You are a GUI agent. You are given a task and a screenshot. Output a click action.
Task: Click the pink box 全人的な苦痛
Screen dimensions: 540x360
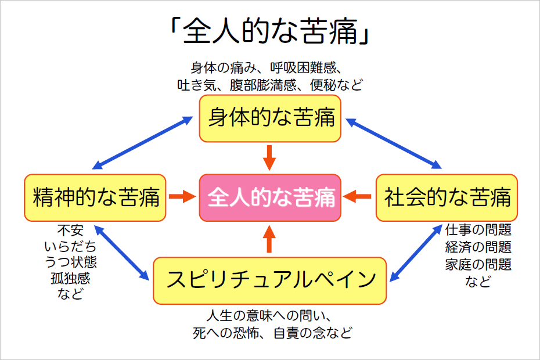[x=270, y=197]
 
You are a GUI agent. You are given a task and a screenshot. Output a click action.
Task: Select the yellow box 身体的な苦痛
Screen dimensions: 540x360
[x=270, y=118]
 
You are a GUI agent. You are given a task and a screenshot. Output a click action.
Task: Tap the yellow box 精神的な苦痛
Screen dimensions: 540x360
[x=95, y=197]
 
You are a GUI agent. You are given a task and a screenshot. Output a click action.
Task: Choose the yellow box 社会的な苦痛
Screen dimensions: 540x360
[x=447, y=197]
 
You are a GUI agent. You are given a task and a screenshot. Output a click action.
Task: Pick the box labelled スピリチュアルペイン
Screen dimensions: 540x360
[x=269, y=280]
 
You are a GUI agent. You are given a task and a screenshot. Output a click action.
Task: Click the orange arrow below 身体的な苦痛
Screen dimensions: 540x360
[x=269, y=157]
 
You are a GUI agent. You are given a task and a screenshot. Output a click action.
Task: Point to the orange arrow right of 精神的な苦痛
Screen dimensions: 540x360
[x=182, y=197]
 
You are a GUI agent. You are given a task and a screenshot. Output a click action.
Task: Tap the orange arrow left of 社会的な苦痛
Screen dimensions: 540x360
[x=357, y=197]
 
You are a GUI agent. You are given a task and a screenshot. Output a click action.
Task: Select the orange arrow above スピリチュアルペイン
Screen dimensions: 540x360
[x=269, y=239]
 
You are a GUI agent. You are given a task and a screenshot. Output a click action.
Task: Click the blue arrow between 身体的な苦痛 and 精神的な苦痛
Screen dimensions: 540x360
[x=143, y=143]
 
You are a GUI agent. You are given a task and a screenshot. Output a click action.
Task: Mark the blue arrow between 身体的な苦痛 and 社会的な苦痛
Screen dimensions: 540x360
[x=393, y=143]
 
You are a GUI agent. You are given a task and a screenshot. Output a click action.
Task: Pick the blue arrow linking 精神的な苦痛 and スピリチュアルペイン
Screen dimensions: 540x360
[x=121, y=253]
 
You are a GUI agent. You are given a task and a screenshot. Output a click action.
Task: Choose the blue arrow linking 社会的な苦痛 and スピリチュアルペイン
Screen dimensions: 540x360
[x=416, y=253]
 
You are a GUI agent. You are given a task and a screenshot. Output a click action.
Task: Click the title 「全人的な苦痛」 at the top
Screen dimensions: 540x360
[x=270, y=31]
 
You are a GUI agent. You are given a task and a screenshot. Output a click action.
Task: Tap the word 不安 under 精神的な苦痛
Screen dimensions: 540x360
[x=70, y=230]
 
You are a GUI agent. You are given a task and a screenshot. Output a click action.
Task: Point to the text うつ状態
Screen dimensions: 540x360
[x=70, y=262]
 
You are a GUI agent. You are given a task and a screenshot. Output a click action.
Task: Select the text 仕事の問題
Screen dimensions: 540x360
[x=478, y=230]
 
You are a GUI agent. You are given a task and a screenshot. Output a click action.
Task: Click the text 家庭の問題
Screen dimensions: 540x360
[x=478, y=265]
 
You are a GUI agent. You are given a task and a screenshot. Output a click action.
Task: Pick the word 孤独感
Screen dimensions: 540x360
[x=70, y=278]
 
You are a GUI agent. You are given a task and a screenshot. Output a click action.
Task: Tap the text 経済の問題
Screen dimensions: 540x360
[x=478, y=247]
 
